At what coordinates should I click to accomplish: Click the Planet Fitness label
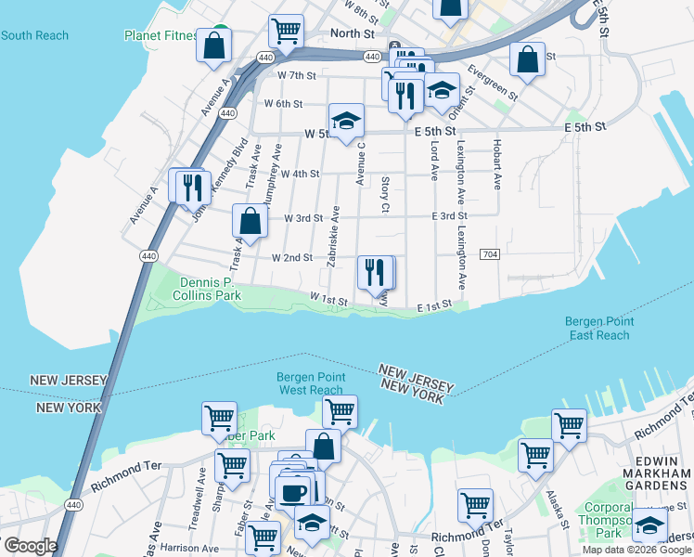[x=161, y=36]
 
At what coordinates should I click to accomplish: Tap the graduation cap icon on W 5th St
[x=346, y=122]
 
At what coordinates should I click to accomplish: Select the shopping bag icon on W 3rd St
[x=250, y=222]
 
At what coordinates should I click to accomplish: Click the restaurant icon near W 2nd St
[x=374, y=272]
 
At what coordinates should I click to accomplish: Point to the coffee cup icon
[x=293, y=492]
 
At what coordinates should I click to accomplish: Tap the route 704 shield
[x=490, y=254]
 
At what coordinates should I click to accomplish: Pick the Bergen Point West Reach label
[x=311, y=383]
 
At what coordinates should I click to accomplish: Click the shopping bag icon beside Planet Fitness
[x=214, y=45]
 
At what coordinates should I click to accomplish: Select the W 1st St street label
[x=328, y=300]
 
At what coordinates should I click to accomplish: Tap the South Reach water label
[x=34, y=35]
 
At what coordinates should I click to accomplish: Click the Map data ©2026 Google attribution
[x=637, y=550]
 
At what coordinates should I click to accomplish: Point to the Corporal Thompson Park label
[x=613, y=521]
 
